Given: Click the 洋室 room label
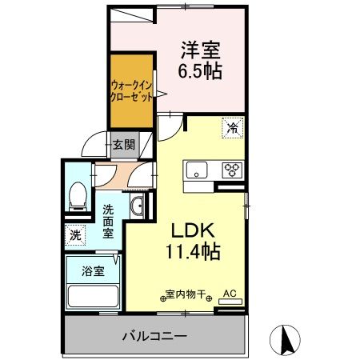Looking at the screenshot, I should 198,50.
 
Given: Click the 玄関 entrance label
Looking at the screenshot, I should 123,146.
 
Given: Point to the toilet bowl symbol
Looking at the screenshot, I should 78,194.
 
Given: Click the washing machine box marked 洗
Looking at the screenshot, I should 74,236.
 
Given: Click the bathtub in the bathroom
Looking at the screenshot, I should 91,296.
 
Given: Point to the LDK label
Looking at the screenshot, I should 192,230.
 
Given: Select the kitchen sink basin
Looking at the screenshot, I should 197,170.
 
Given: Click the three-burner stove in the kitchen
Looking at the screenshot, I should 232,170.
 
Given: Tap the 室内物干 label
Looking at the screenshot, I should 187,293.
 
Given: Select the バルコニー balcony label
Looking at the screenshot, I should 154,334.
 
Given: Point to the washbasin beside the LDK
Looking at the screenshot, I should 138,206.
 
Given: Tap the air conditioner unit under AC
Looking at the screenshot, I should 229,302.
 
